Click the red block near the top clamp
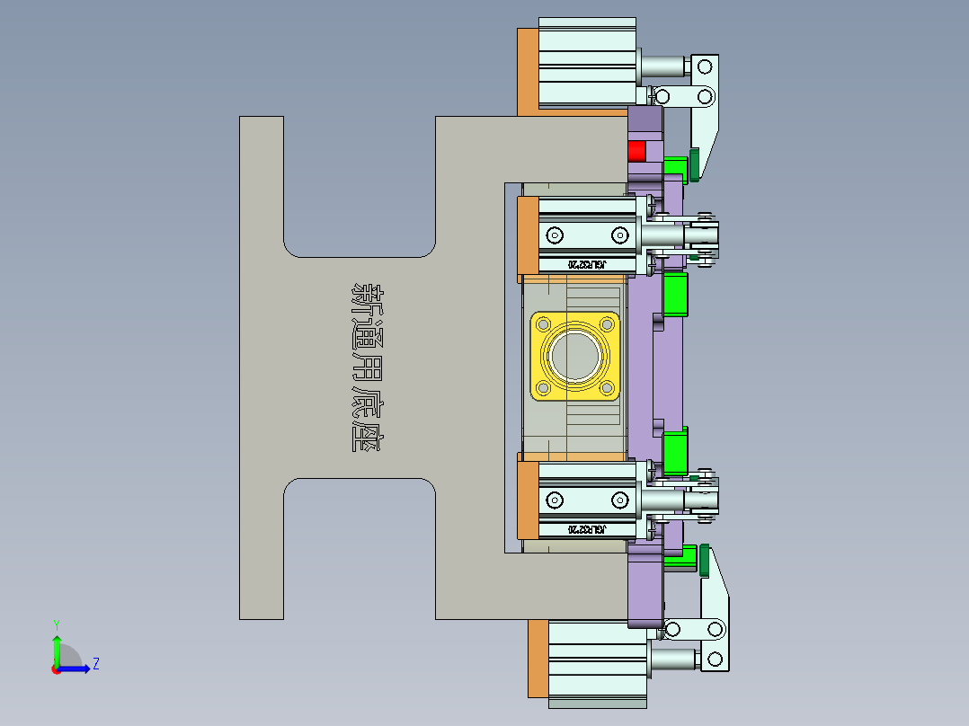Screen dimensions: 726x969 point(636,150)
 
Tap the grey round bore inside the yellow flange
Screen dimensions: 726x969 point(575,355)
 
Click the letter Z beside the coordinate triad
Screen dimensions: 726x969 point(95,664)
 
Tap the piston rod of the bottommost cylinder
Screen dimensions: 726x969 point(672,660)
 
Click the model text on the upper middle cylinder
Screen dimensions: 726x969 point(587,265)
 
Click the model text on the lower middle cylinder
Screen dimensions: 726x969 point(587,530)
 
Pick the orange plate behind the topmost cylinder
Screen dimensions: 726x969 point(528,72)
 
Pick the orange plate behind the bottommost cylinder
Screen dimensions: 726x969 point(538,658)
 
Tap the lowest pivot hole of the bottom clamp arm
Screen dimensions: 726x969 point(716,660)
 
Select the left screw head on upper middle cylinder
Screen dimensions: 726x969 point(555,235)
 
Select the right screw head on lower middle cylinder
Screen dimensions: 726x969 point(619,500)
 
